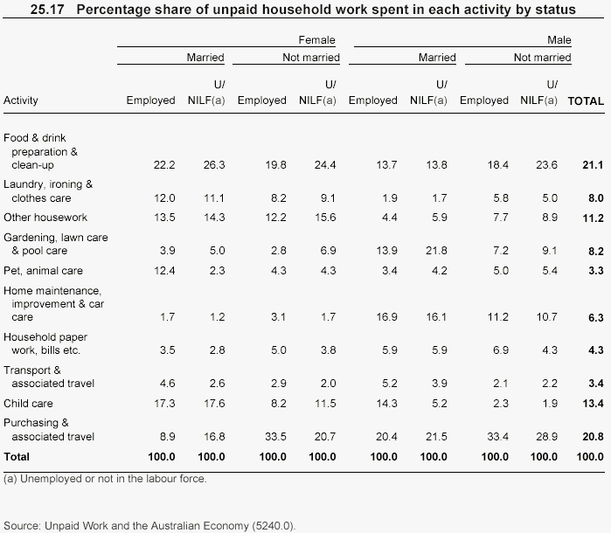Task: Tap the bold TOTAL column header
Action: pos(586,100)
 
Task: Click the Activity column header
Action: pos(21,100)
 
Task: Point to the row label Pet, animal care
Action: pos(44,271)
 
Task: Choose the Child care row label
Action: pos(28,404)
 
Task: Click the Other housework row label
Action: pos(45,218)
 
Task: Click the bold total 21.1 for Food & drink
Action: pos(594,165)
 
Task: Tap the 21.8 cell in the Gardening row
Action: pos(435,251)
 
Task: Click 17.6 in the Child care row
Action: pos(213,404)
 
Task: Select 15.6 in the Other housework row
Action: pos(324,218)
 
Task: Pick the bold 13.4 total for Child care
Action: pos(594,404)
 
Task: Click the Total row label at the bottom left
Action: pos(17,457)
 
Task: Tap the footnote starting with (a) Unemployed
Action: pos(105,479)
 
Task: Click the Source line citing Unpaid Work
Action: pos(149,526)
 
